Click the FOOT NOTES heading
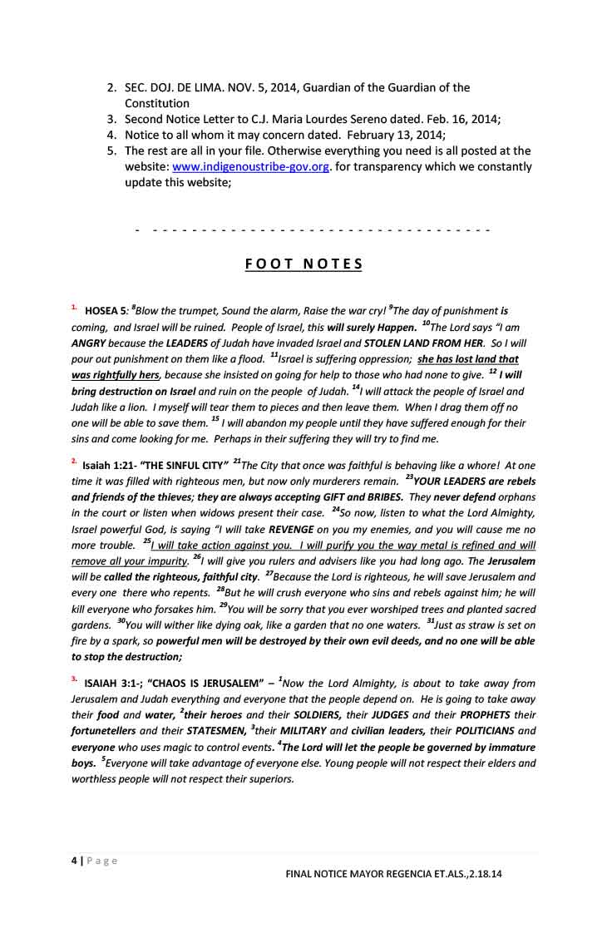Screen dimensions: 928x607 [x=304, y=264]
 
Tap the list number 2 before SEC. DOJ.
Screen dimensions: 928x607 [x=112, y=87]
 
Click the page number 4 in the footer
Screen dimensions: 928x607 [x=72, y=861]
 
